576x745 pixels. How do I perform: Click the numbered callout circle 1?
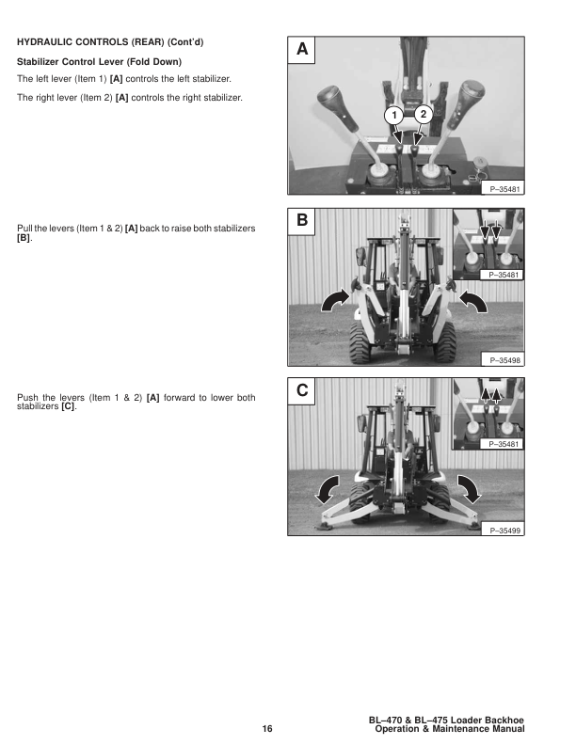coord(393,116)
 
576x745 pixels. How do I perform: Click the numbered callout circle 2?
coord(423,114)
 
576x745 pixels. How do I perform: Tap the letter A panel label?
coord(302,49)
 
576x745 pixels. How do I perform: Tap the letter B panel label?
coord(302,220)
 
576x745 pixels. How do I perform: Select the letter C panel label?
coord(302,390)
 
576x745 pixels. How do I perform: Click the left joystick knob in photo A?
coord(337,107)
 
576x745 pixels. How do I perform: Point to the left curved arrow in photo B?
coord(334,301)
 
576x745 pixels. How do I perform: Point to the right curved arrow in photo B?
coord(472,301)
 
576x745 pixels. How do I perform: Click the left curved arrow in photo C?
coord(327,489)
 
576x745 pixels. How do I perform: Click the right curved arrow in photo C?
coord(470,489)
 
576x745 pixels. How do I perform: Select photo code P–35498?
coord(504,360)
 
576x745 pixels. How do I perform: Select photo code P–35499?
coord(504,531)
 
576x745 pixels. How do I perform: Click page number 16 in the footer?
coord(267,729)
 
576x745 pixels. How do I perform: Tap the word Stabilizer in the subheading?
coord(38,62)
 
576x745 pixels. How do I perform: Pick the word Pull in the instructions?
coord(24,229)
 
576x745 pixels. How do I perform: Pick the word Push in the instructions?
coord(27,398)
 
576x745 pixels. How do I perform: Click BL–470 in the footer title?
coord(385,721)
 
